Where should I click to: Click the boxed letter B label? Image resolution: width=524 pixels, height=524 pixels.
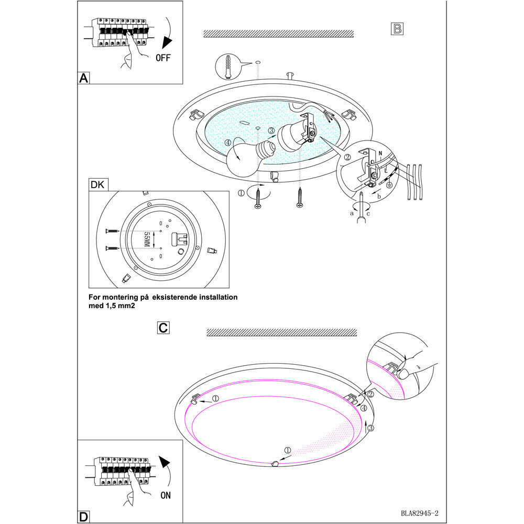click(398, 29)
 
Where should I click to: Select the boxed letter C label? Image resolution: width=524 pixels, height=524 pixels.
click(163, 328)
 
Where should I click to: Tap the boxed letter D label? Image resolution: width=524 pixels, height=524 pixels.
click(83, 517)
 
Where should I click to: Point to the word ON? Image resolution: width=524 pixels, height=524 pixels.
click(165, 495)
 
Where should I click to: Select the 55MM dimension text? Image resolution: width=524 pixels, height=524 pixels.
click(147, 239)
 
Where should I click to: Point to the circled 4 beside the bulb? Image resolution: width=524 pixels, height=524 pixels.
click(227, 143)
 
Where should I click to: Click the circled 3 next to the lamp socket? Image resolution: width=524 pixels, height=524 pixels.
click(271, 130)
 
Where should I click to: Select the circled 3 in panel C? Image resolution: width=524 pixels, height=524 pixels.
click(370, 429)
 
